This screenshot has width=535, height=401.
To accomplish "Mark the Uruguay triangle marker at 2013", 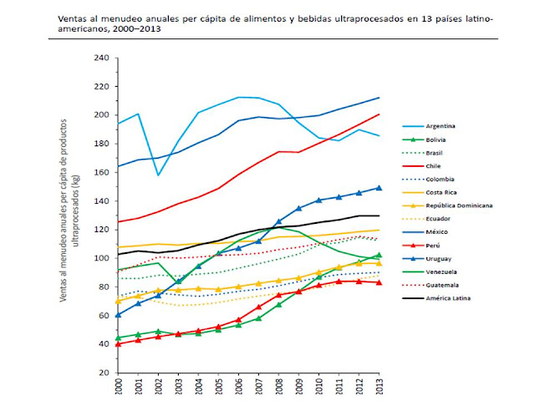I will [379, 188].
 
